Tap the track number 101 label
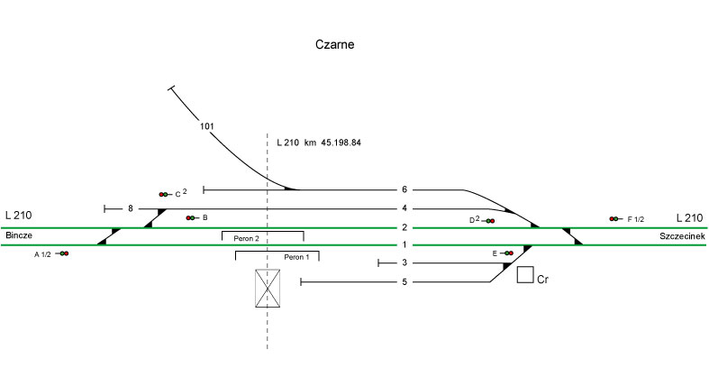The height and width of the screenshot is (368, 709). (206, 126)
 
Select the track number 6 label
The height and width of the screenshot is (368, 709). (404, 190)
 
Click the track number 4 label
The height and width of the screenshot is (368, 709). (404, 209)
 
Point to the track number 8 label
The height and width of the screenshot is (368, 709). (131, 209)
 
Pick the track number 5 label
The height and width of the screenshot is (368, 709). (404, 282)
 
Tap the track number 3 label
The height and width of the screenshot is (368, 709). (404, 263)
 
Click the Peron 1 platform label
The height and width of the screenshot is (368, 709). (296, 257)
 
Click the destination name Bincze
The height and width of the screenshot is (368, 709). (19, 235)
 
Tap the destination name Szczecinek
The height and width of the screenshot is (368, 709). (680, 235)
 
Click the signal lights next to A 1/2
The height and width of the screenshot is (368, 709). (64, 254)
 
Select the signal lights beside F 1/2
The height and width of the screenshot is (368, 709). (614, 219)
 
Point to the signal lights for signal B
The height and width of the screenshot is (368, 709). (190, 218)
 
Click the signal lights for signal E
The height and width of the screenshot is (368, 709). (509, 253)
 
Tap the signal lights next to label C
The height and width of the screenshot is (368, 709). (163, 194)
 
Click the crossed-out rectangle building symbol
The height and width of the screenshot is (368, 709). (268, 289)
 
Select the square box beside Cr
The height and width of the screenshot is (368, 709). (524, 275)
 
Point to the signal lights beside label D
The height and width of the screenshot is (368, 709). (489, 221)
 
